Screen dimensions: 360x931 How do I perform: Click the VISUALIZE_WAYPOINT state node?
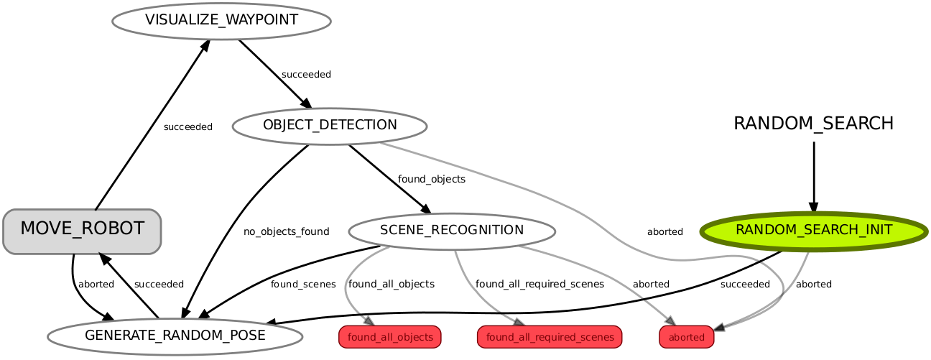point(221,20)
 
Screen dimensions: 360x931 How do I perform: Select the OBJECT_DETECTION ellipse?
point(330,126)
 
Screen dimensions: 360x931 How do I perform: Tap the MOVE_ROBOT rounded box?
point(82,230)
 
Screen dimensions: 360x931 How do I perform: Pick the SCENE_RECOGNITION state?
point(451,231)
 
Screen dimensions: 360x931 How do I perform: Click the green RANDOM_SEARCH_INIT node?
point(813,231)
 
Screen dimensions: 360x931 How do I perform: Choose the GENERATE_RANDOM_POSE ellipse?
point(175,336)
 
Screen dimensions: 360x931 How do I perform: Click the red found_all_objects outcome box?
point(389,337)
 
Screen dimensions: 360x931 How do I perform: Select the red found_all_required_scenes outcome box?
point(549,337)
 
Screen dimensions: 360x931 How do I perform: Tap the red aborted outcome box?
point(686,337)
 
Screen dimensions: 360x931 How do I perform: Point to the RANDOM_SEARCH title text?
point(813,124)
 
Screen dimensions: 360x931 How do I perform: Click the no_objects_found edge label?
point(286,231)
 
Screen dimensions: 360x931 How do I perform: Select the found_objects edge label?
point(431,179)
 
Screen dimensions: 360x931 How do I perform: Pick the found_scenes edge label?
point(302,284)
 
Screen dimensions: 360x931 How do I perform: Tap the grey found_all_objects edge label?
point(391,284)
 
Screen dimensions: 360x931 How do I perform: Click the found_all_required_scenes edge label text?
point(539,284)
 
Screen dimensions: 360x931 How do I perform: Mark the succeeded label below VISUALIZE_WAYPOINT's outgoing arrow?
point(306,74)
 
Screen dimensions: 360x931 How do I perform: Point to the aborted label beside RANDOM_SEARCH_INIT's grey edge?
point(813,284)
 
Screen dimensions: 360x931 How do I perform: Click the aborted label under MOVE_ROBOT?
point(96,284)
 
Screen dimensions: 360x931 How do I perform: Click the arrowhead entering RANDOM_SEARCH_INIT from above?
point(813,207)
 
